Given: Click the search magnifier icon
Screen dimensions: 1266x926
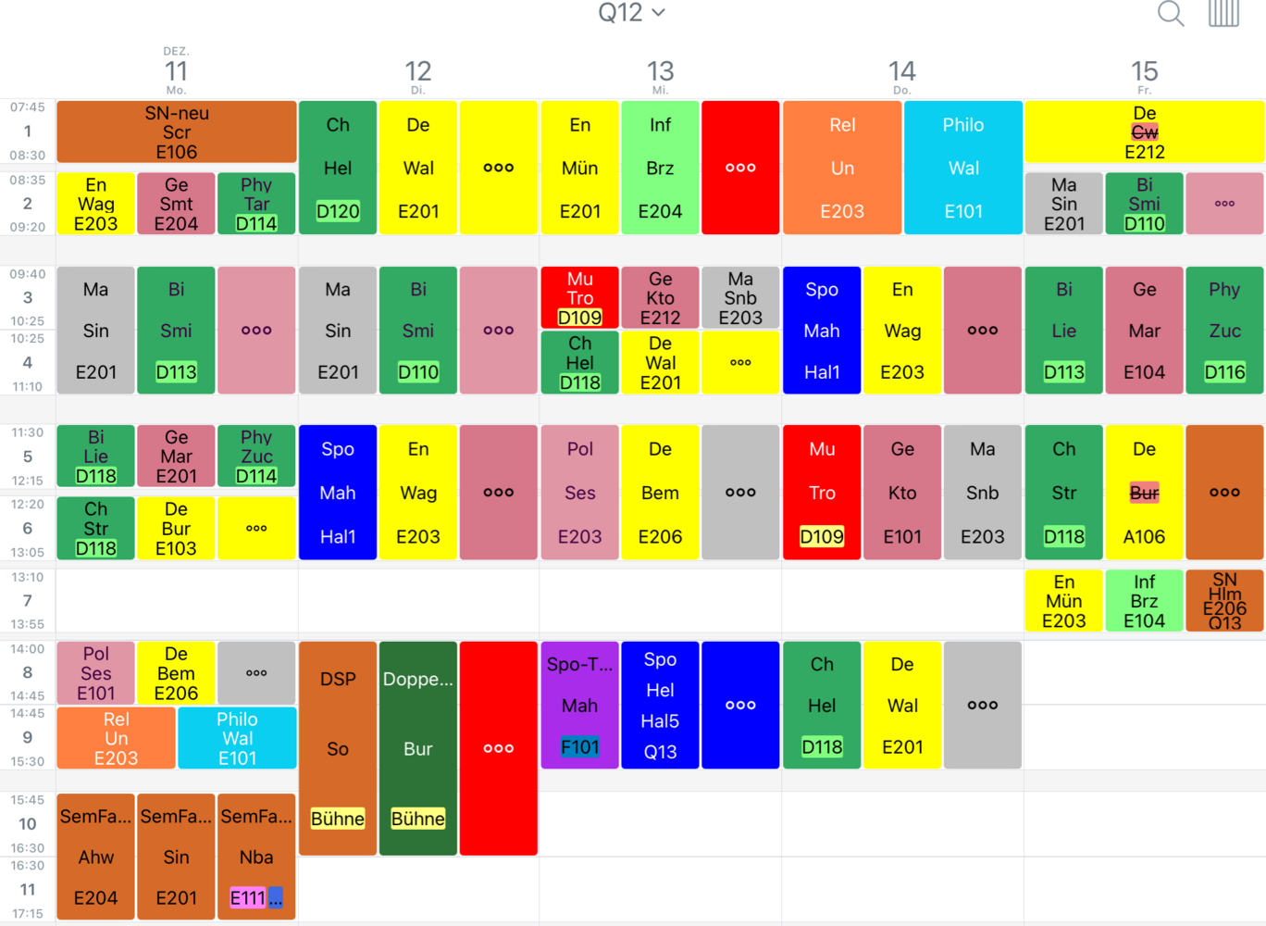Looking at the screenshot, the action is pyautogui.click(x=1171, y=14).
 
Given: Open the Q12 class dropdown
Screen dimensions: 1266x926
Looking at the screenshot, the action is pyautogui.click(x=632, y=12).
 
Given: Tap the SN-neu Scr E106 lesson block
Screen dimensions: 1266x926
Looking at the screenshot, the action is pyautogui.click(x=177, y=131).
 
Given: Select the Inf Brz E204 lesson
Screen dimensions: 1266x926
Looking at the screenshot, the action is pyautogui.click(x=660, y=168).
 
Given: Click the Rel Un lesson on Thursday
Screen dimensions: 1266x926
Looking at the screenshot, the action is pyautogui.click(x=842, y=168).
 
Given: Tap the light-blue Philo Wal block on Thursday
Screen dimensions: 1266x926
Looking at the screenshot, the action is pyautogui.click(x=963, y=168).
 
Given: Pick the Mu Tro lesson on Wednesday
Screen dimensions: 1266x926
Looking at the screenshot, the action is pyautogui.click(x=580, y=297).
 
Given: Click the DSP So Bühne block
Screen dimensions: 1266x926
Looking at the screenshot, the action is pyautogui.click(x=338, y=748).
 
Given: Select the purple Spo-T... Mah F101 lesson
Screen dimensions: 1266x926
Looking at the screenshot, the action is pyautogui.click(x=580, y=705).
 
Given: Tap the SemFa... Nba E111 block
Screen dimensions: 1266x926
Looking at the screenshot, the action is pyautogui.click(x=256, y=857).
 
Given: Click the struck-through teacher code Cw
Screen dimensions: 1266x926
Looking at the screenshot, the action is pyautogui.click(x=1145, y=132).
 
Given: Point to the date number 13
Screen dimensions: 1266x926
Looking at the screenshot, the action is pyautogui.click(x=660, y=72).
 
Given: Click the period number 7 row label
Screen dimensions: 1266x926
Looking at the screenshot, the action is pyautogui.click(x=27, y=601).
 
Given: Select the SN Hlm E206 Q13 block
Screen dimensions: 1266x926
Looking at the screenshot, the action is pyautogui.click(x=1224, y=601).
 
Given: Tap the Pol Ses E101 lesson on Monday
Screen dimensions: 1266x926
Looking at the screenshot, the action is pyautogui.click(x=95, y=673).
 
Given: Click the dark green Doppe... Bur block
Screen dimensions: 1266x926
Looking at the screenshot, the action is pyautogui.click(x=418, y=748).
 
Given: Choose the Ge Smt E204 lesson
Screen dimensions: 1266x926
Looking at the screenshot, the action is pyautogui.click(x=177, y=204).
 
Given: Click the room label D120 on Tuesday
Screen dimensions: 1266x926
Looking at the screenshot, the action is pyautogui.click(x=338, y=211).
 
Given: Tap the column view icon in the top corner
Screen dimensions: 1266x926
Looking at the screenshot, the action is pyautogui.click(x=1223, y=14).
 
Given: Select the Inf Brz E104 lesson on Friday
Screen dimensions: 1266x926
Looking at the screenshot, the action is pyautogui.click(x=1145, y=601).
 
